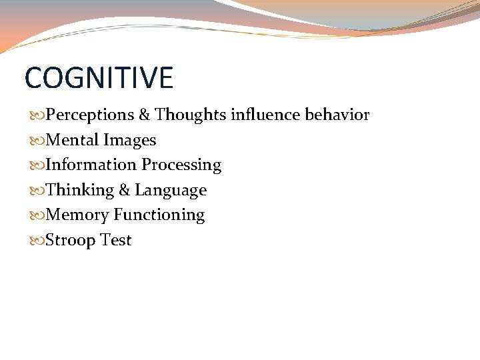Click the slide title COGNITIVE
pyautogui.click(x=99, y=77)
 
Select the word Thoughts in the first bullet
pyautogui.click(x=191, y=115)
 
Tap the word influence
pyautogui.click(x=265, y=115)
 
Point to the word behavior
pyautogui.click(x=337, y=115)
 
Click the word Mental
pyautogui.click(x=73, y=141)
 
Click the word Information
pyautogui.click(x=91, y=165)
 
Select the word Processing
pyautogui.click(x=181, y=165)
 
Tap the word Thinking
pyautogui.click(x=80, y=191)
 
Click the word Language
pyautogui.click(x=171, y=191)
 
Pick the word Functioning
pyautogui.click(x=159, y=215)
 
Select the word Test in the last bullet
pyautogui.click(x=116, y=241)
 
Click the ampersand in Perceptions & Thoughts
pyautogui.click(x=145, y=115)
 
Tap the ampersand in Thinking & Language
pyautogui.click(x=125, y=191)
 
